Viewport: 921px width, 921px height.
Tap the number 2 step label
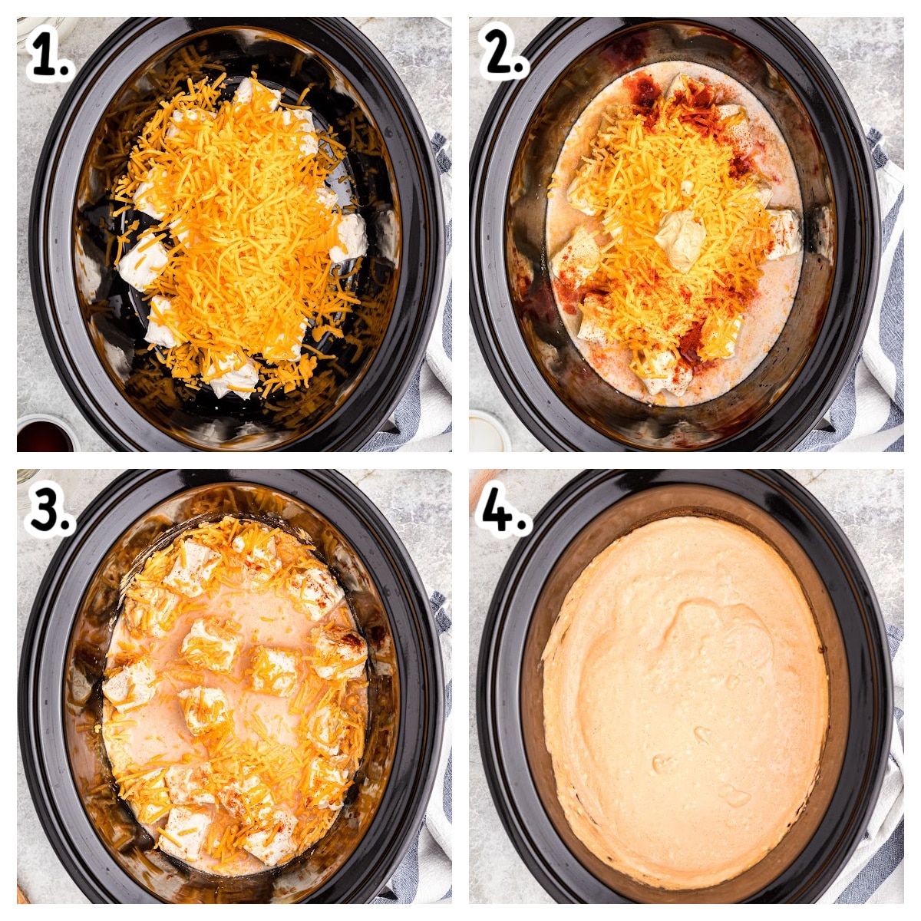(503, 52)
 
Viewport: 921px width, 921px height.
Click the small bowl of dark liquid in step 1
(45, 434)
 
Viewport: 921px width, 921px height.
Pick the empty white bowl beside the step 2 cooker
(487, 431)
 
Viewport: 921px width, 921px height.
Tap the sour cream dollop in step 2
(680, 239)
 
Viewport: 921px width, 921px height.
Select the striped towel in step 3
(427, 745)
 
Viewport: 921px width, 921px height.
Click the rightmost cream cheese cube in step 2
(784, 233)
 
